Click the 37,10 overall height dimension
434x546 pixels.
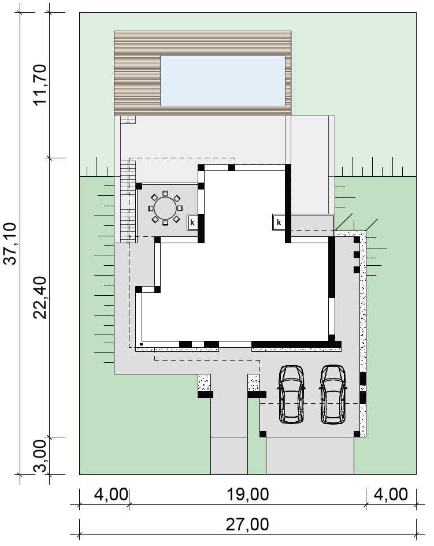[10, 243]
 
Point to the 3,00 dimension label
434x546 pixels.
[40, 456]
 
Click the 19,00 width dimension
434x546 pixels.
[248, 495]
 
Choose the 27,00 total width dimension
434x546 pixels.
[248, 525]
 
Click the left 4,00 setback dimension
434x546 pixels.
[111, 495]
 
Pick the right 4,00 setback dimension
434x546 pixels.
[391, 495]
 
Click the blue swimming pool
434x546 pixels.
[222, 81]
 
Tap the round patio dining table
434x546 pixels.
[165, 208]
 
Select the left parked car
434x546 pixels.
[291, 394]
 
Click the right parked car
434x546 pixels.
[333, 394]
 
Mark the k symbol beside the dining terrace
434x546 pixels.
[192, 222]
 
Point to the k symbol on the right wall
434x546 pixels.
[279, 222]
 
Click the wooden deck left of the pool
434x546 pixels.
[137, 81]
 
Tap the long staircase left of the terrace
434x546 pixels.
[125, 201]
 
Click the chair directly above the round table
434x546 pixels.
[165, 193]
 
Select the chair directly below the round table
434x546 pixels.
[165, 223]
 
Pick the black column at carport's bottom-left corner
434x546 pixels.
[263, 434]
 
